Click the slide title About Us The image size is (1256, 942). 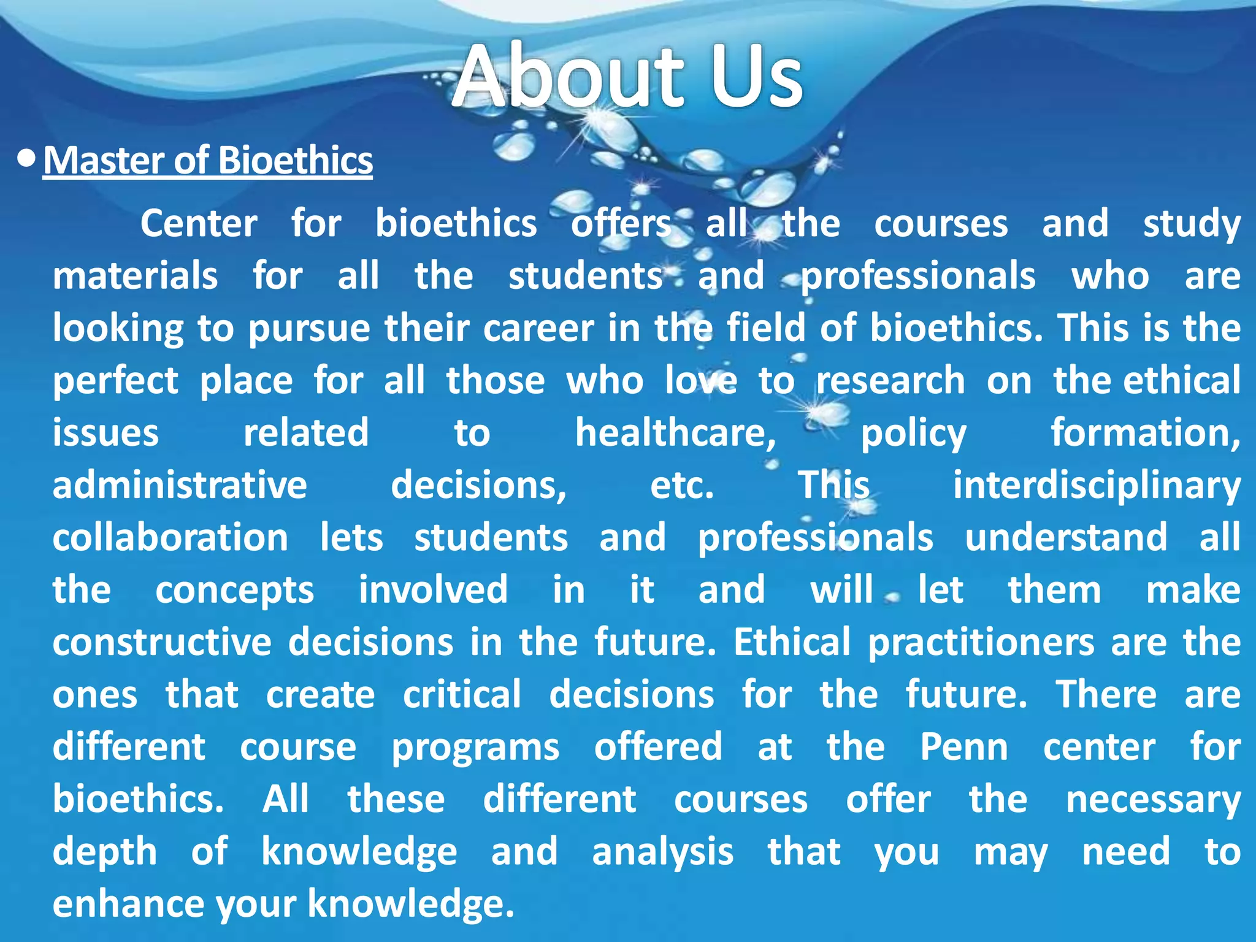click(x=627, y=76)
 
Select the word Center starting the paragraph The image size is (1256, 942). click(x=199, y=223)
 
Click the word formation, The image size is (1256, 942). click(x=1145, y=433)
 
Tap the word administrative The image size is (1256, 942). click(x=179, y=485)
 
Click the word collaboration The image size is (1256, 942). click(x=170, y=537)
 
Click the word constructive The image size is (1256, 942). click(x=161, y=642)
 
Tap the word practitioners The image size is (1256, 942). click(x=981, y=643)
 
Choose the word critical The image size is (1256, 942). click(x=462, y=694)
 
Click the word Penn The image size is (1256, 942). click(x=963, y=747)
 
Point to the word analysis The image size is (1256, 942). click(x=662, y=852)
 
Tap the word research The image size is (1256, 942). click(x=890, y=381)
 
